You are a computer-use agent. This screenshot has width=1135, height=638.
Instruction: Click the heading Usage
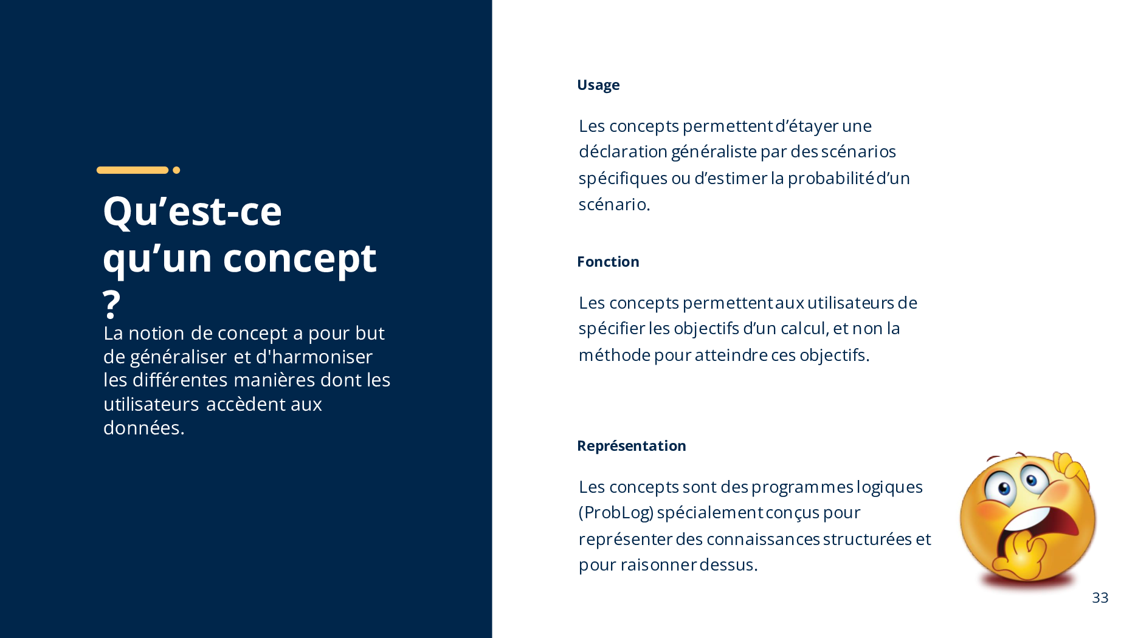pyautogui.click(x=598, y=85)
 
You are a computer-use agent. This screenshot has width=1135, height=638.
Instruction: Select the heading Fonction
pyautogui.click(x=608, y=262)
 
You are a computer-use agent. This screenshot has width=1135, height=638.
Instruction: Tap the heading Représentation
pyautogui.click(x=632, y=446)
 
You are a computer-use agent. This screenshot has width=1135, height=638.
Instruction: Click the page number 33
pyautogui.click(x=1100, y=598)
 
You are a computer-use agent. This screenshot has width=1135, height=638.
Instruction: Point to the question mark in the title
pyautogui.click(x=111, y=304)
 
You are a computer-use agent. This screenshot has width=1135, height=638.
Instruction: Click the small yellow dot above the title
pyautogui.click(x=176, y=170)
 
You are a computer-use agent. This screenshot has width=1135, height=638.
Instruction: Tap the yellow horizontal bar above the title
pyautogui.click(x=133, y=170)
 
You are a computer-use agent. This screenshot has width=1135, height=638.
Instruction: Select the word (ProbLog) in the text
pyautogui.click(x=616, y=513)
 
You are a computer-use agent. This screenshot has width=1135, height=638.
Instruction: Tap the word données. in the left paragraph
pyautogui.click(x=144, y=428)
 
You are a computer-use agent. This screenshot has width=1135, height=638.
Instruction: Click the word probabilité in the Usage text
pyautogui.click(x=831, y=178)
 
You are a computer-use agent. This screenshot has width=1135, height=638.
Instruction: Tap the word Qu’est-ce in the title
pyautogui.click(x=193, y=211)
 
